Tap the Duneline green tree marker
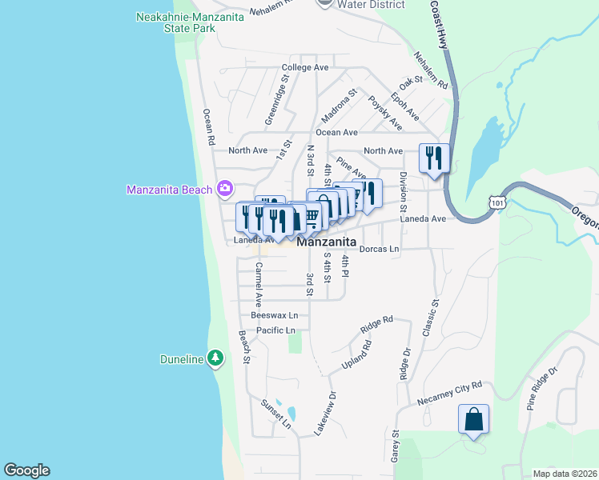tap(215, 358)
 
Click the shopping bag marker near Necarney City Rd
tap(473, 419)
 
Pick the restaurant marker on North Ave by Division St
tap(434, 157)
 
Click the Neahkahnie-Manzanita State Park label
tap(176, 22)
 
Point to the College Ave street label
tap(305, 68)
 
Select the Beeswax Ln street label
tap(274, 316)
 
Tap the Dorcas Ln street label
tap(379, 249)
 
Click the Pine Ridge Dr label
tap(542, 389)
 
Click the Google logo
tap(26, 470)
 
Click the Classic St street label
tap(436, 316)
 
